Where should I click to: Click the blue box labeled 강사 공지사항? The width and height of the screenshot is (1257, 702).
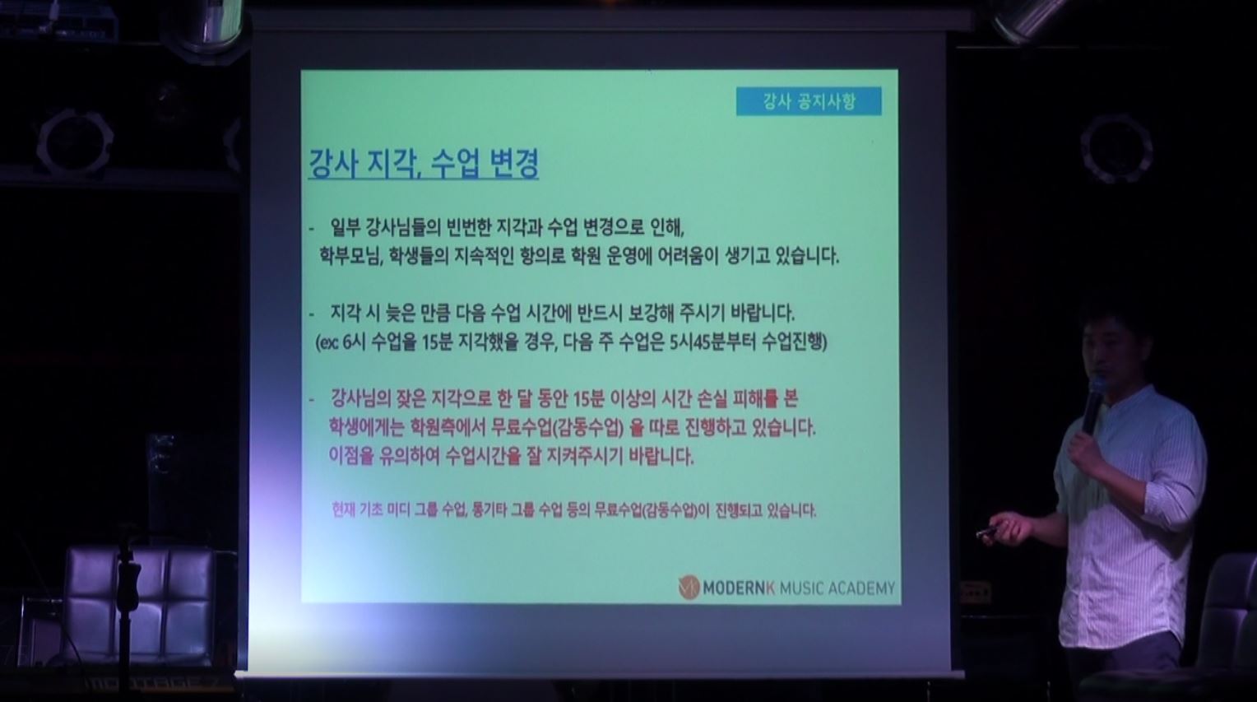tap(809, 102)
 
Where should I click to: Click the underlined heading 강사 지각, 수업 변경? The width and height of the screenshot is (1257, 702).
tap(424, 163)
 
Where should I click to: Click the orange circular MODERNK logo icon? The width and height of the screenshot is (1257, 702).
tap(689, 587)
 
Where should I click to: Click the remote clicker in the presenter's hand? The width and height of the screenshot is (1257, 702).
tap(986, 531)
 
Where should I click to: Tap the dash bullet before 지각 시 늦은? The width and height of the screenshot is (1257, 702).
tap(312, 314)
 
